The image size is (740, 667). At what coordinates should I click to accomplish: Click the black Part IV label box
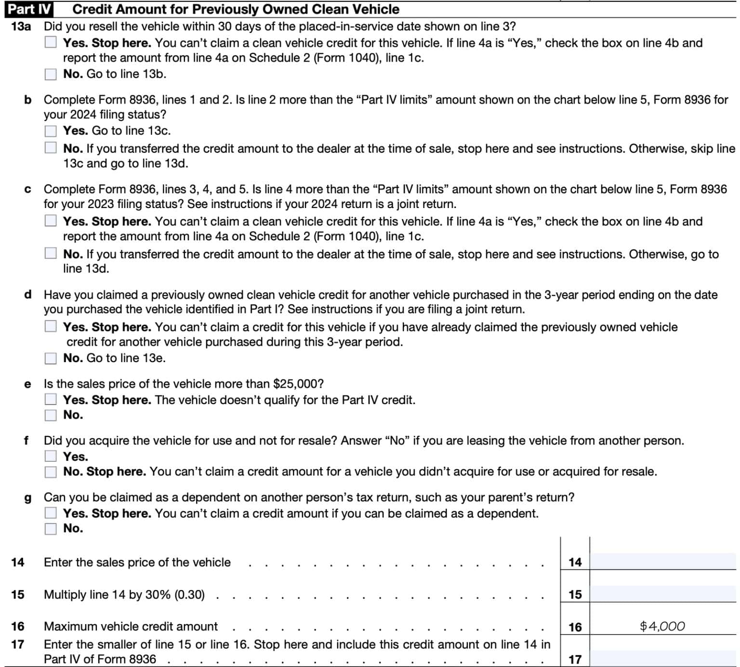click(x=29, y=9)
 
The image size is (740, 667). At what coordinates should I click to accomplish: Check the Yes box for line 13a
click(x=51, y=42)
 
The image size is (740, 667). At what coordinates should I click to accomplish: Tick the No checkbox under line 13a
click(x=51, y=74)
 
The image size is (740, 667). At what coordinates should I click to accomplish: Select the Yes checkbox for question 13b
click(x=51, y=131)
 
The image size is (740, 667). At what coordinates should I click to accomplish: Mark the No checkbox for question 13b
click(x=51, y=148)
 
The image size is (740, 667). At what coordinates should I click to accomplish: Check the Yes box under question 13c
click(x=51, y=221)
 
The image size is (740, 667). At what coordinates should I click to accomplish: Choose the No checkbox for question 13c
click(x=51, y=253)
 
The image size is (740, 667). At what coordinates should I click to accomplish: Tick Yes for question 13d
click(x=51, y=327)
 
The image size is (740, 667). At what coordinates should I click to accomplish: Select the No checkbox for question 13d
click(x=51, y=358)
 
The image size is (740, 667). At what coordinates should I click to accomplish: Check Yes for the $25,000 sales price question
click(x=51, y=400)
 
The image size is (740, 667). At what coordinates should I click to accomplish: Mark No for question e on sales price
click(x=51, y=415)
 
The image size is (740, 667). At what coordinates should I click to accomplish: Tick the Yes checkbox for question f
click(x=51, y=456)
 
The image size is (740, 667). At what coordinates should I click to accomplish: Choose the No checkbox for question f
click(x=51, y=472)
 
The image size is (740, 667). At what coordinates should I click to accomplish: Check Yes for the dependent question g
click(x=51, y=513)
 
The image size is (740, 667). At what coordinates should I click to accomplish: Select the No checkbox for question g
click(x=51, y=529)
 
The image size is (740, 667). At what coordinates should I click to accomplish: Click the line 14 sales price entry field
click(x=663, y=562)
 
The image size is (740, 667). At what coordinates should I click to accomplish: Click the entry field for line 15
click(x=663, y=594)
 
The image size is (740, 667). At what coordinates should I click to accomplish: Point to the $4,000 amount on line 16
click(x=662, y=626)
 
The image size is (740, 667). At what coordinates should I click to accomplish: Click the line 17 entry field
click(x=663, y=658)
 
